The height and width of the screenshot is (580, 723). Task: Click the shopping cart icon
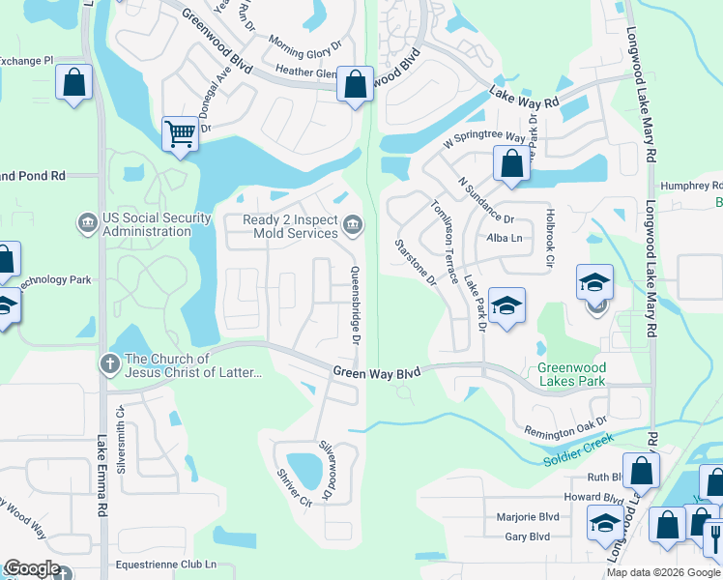coord(181,134)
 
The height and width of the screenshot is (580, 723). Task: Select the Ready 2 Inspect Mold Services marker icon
coord(353,226)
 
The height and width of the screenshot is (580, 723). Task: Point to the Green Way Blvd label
coord(378,371)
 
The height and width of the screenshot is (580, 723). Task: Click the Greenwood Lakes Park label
coord(585,374)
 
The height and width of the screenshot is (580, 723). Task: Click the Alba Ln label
coord(505,238)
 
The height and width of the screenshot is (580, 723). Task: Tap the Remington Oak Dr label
coord(564,426)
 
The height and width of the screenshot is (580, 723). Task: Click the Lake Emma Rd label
coord(101,473)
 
